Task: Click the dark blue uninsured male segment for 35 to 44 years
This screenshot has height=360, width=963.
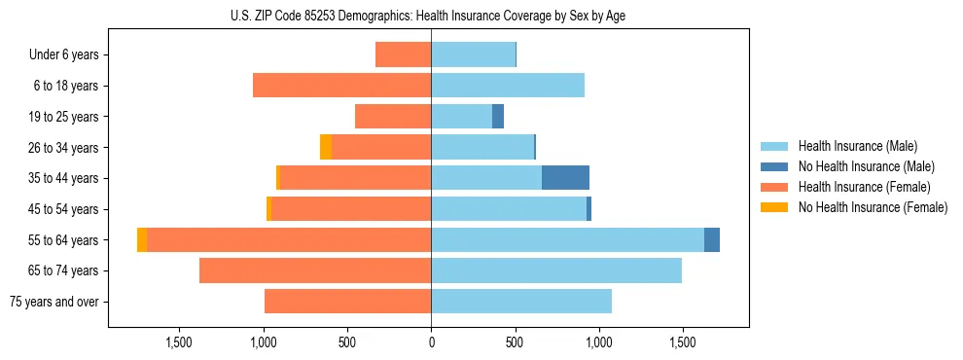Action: point(565,178)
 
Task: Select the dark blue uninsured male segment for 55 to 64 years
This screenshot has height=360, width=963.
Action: point(712,239)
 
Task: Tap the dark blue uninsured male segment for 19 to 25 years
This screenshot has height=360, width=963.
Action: point(498,117)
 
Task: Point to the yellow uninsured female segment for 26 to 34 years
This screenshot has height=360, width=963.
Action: point(326,147)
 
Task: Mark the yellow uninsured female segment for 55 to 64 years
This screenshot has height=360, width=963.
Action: point(142,239)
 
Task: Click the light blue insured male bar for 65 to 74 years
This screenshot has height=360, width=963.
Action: point(556,270)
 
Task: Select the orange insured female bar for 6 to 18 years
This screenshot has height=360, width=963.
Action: point(341,86)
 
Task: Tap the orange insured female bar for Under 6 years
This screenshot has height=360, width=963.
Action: point(403,54)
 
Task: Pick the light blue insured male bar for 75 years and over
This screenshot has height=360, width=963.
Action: point(521,302)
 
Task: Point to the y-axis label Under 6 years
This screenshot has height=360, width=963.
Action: point(64,55)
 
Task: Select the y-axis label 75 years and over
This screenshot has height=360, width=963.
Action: point(53,302)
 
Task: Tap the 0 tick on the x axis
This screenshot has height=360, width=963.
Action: point(431,342)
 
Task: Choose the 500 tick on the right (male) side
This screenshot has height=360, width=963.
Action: point(515,342)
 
